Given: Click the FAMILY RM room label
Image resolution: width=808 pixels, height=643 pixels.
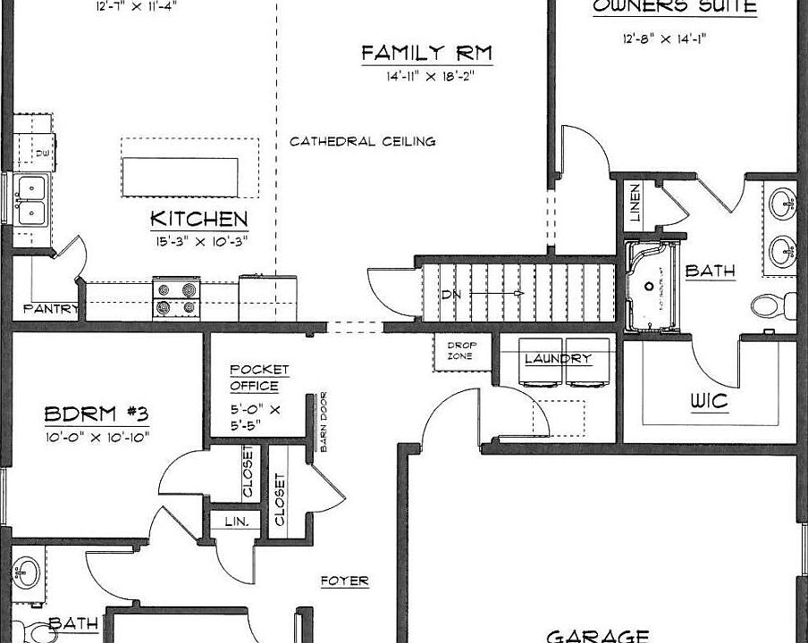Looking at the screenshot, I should [x=426, y=54].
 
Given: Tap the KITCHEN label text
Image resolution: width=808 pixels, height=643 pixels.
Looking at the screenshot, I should [x=198, y=219].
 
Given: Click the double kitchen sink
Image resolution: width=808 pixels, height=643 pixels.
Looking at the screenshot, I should [x=33, y=199].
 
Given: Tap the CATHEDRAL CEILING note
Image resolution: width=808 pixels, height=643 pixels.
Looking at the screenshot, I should [x=362, y=141].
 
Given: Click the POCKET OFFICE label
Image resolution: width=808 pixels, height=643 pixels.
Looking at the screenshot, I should [x=259, y=378].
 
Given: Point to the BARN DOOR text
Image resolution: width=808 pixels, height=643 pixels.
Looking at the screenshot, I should [x=323, y=423].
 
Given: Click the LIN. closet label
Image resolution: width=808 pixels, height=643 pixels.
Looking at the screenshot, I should [x=234, y=521].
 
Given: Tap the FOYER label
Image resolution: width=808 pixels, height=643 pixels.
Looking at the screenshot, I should [x=344, y=580].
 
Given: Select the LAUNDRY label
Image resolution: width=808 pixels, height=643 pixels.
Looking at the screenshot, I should [x=558, y=359].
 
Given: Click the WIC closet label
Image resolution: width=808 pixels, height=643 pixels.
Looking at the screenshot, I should [x=709, y=402].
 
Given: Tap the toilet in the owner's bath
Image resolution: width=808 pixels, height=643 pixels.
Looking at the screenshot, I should [x=766, y=306].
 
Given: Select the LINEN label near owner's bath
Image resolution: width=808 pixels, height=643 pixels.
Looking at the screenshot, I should [x=635, y=205].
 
